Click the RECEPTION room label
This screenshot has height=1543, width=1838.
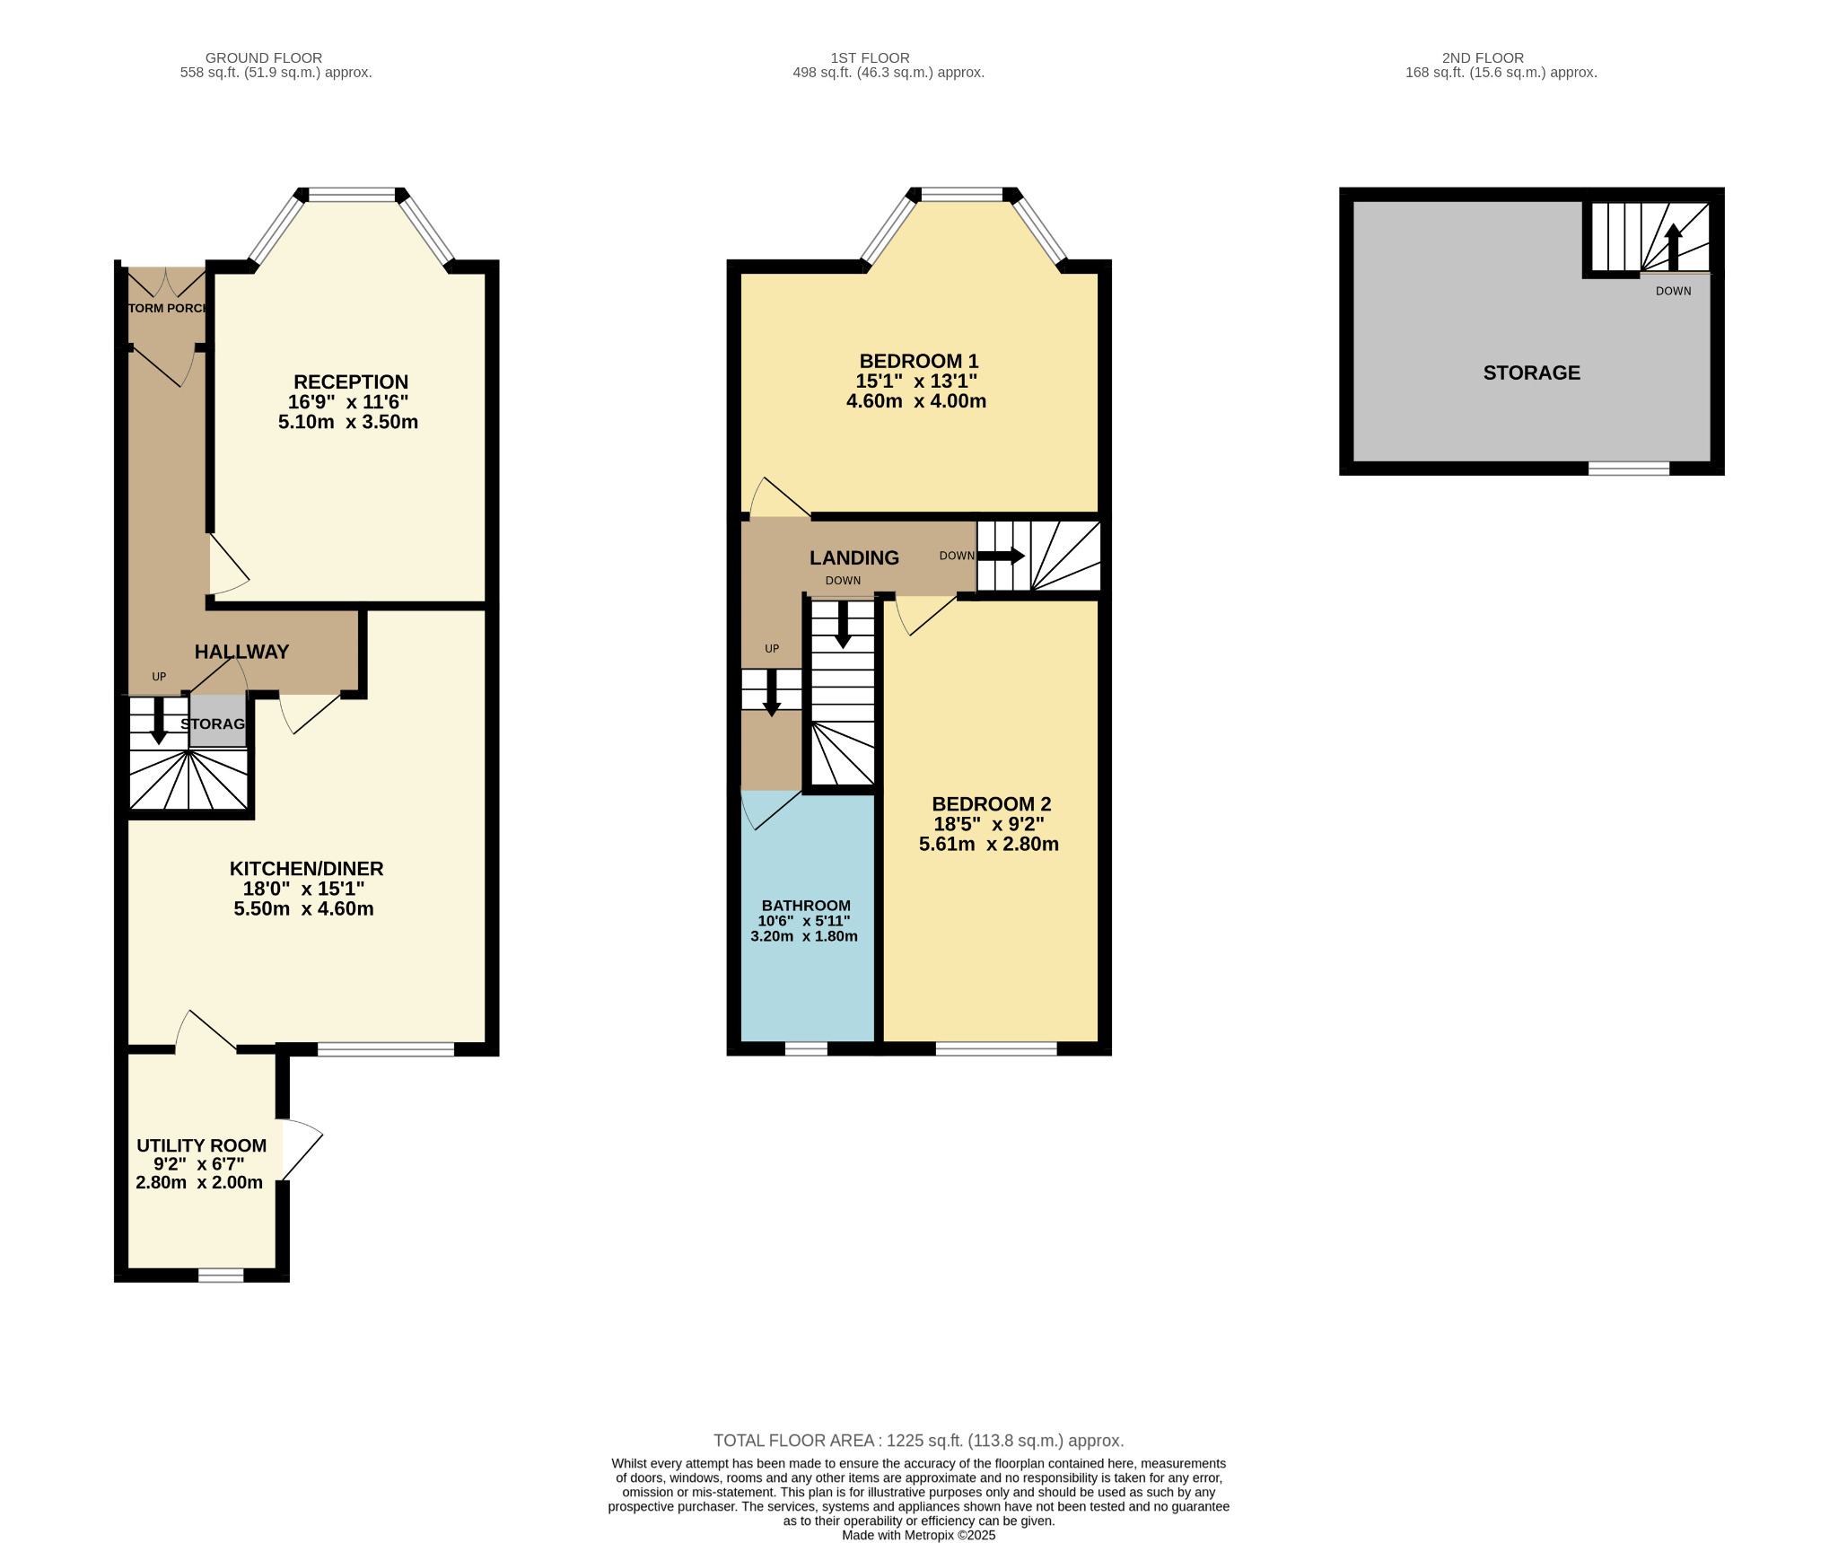(351, 382)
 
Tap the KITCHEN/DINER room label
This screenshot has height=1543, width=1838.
(307, 869)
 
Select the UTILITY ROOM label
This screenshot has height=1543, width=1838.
(201, 1145)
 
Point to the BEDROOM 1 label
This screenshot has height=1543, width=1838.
(918, 361)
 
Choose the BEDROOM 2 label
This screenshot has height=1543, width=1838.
(992, 804)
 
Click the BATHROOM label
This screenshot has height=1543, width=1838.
(806, 906)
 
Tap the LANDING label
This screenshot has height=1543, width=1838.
(854, 558)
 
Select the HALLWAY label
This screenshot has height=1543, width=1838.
(242, 653)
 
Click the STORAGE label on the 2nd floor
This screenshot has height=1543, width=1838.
(1532, 373)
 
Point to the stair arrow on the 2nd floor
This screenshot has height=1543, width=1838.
(1673, 247)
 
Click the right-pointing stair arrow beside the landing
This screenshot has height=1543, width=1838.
(1001, 556)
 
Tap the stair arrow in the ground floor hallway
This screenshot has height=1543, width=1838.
(159, 721)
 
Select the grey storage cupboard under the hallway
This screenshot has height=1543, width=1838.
(217, 721)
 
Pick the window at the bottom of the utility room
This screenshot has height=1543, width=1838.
(221, 1276)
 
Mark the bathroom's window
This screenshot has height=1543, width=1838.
(806, 1048)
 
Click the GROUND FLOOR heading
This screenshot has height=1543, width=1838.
(264, 58)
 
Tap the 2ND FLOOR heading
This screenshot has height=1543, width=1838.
(1483, 58)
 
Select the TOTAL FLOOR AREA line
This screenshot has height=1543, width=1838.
(919, 1441)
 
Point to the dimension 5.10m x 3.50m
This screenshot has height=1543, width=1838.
(348, 422)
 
